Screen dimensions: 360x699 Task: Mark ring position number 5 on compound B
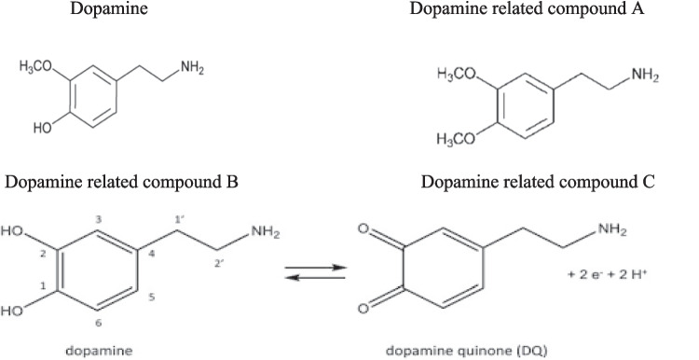pos(152,298)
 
